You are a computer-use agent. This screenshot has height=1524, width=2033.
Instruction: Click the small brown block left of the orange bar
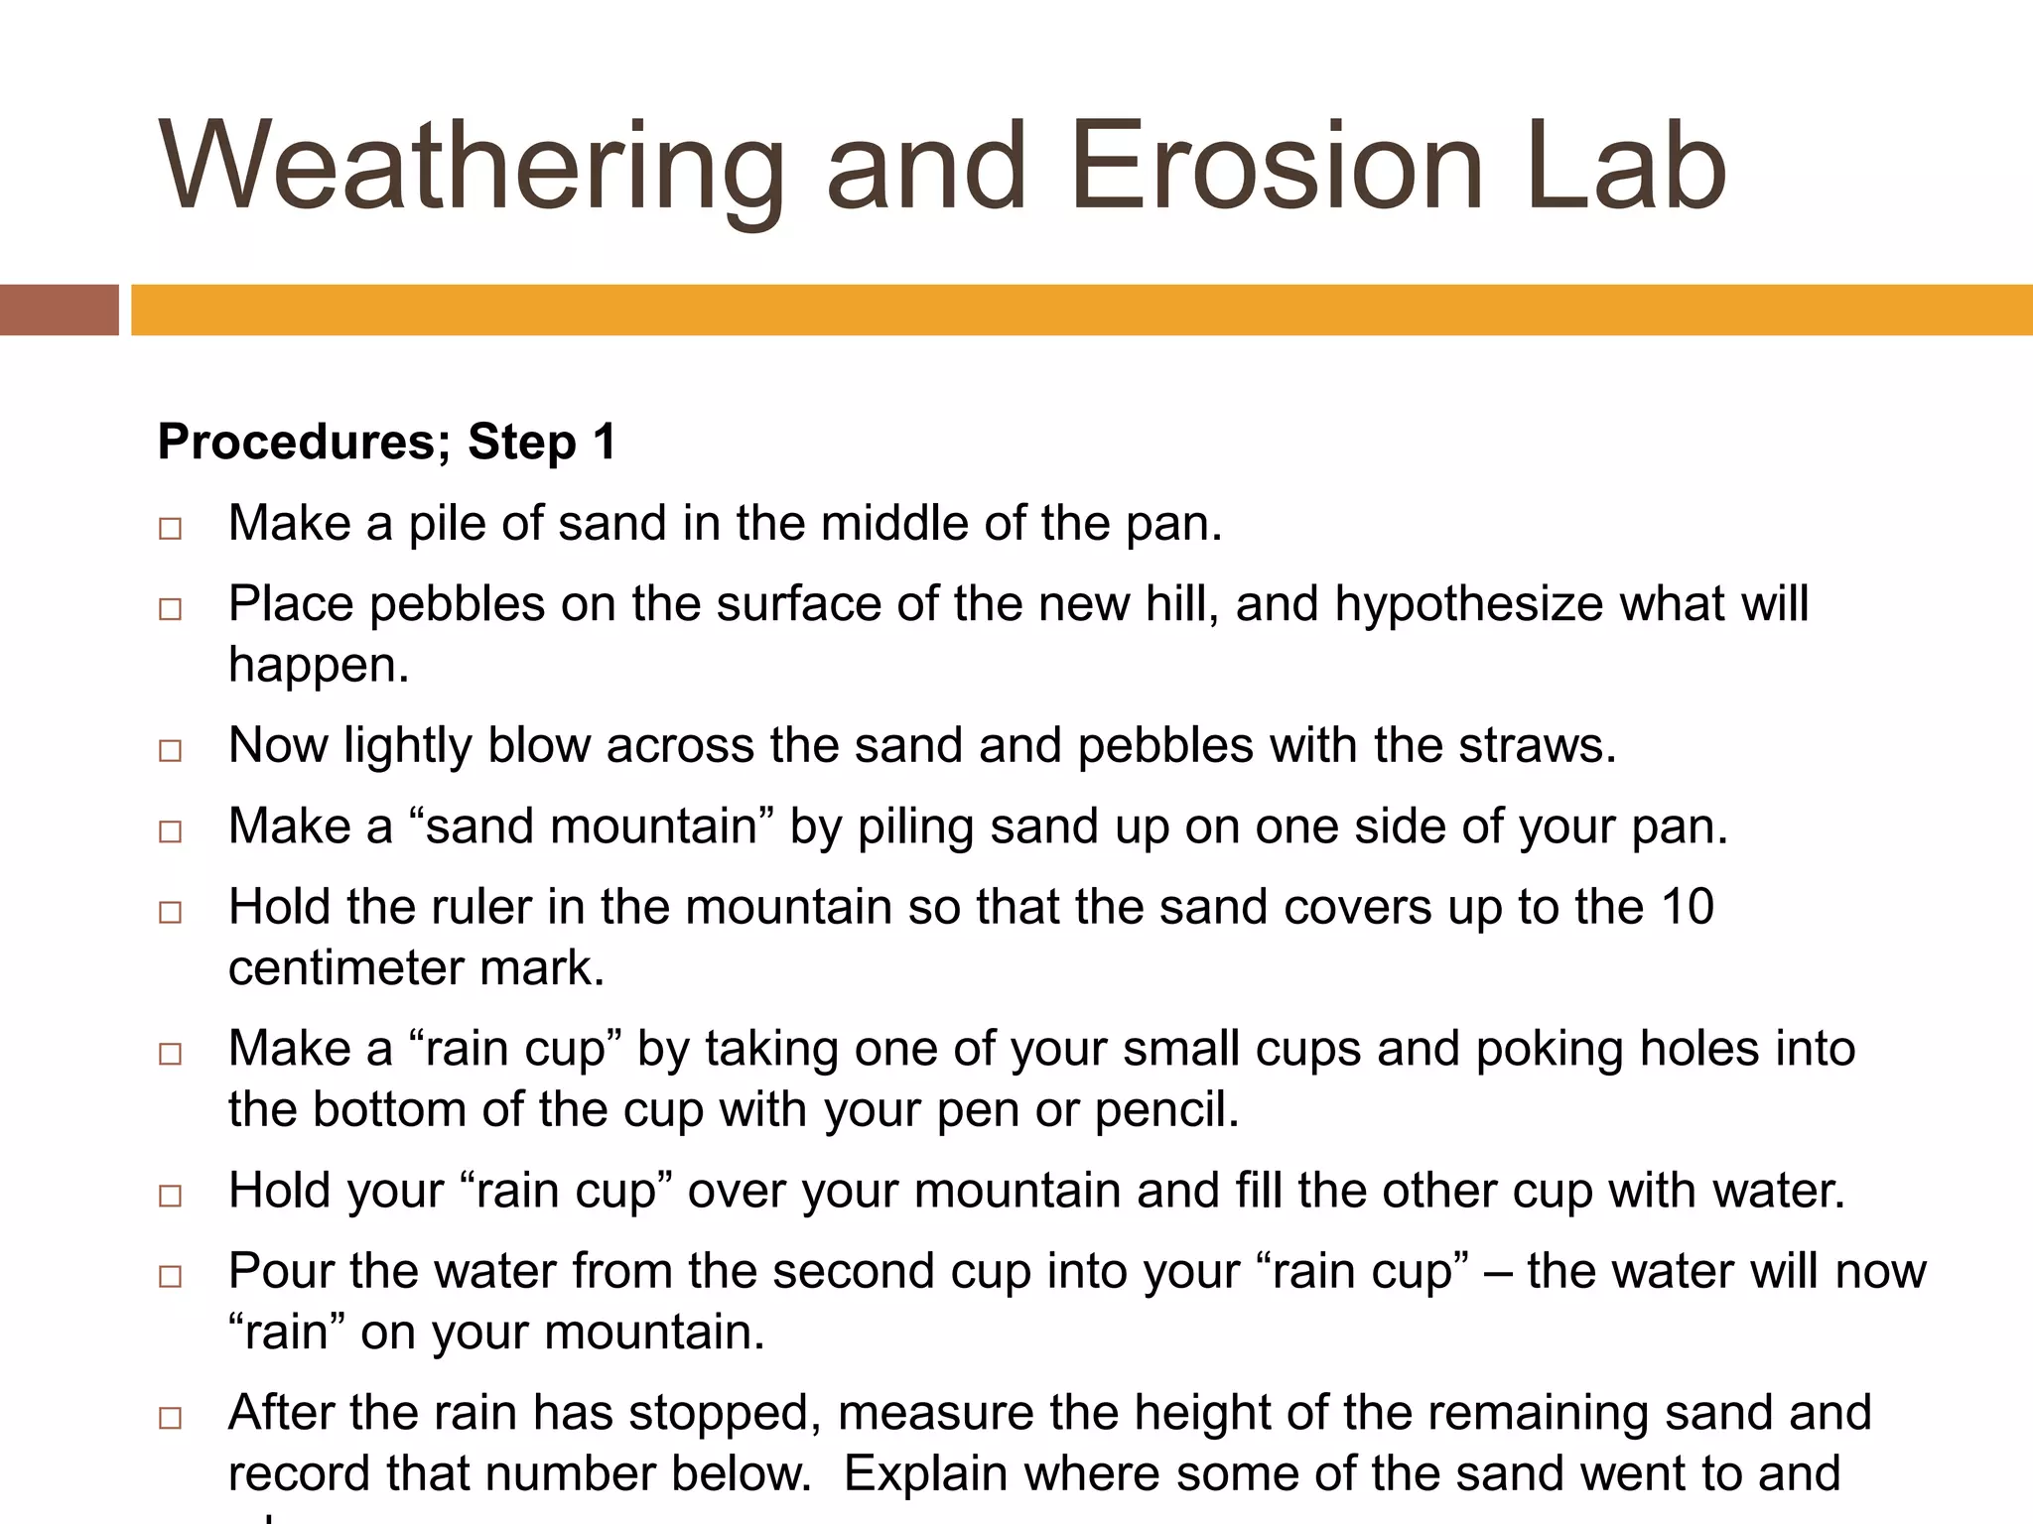pyautogui.click(x=59, y=310)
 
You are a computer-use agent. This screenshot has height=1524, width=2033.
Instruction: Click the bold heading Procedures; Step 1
pyautogui.click(x=387, y=442)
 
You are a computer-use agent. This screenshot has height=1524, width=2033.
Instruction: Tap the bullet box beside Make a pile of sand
pyautogui.click(x=170, y=528)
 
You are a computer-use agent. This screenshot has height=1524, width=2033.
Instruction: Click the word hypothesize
pyautogui.click(x=1468, y=605)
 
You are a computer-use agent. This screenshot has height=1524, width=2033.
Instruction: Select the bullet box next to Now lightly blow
pyautogui.click(x=170, y=750)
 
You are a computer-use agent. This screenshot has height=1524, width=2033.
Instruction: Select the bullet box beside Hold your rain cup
pyautogui.click(x=170, y=1196)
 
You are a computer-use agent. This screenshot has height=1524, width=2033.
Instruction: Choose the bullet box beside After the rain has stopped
pyautogui.click(x=170, y=1419)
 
